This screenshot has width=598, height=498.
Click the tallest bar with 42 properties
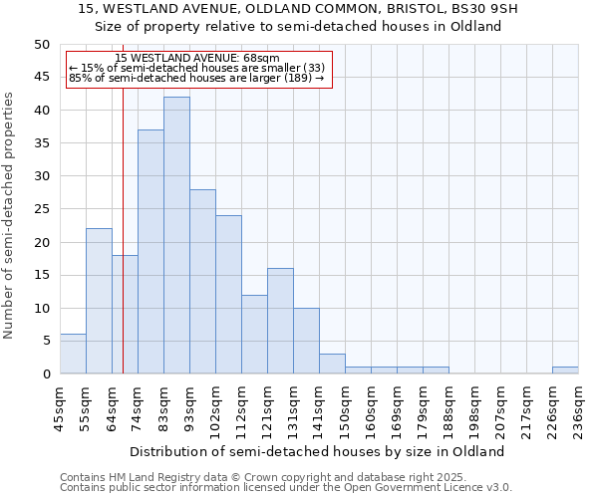(x=176, y=235)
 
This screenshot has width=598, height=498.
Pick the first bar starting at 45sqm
(x=73, y=354)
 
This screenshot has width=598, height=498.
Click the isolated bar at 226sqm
(x=565, y=371)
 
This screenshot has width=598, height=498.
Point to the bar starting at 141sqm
(x=332, y=364)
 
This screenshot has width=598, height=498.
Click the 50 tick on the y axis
(x=42, y=45)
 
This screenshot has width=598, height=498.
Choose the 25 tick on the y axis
(x=42, y=209)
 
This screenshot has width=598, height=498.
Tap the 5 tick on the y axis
(x=46, y=341)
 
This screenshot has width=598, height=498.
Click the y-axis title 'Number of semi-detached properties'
(x=9, y=215)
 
